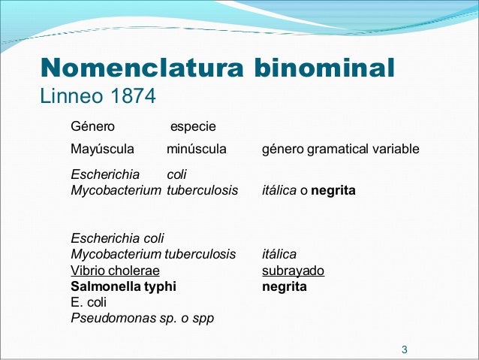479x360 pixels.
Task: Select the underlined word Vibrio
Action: click(87, 271)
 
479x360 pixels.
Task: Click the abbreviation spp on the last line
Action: click(204, 318)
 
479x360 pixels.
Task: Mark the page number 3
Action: click(405, 349)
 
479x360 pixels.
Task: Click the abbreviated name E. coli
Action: click(89, 302)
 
